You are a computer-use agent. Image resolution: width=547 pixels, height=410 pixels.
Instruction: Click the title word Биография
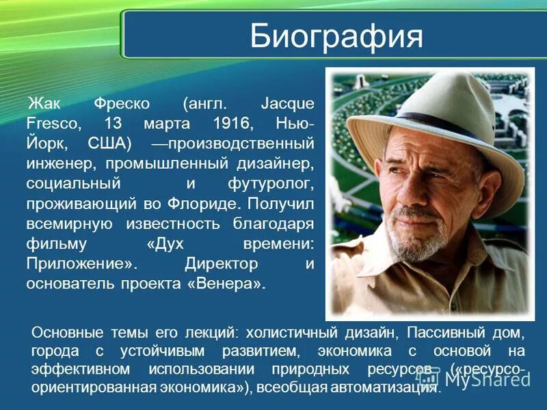click(x=336, y=36)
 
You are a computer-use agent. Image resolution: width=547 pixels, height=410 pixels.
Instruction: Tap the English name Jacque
click(x=287, y=105)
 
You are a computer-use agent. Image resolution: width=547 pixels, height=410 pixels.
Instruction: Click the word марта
click(x=168, y=124)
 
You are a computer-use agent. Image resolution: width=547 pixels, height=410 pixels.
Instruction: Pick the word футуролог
click(x=271, y=184)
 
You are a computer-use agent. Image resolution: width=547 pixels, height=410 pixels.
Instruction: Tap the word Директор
click(x=222, y=263)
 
